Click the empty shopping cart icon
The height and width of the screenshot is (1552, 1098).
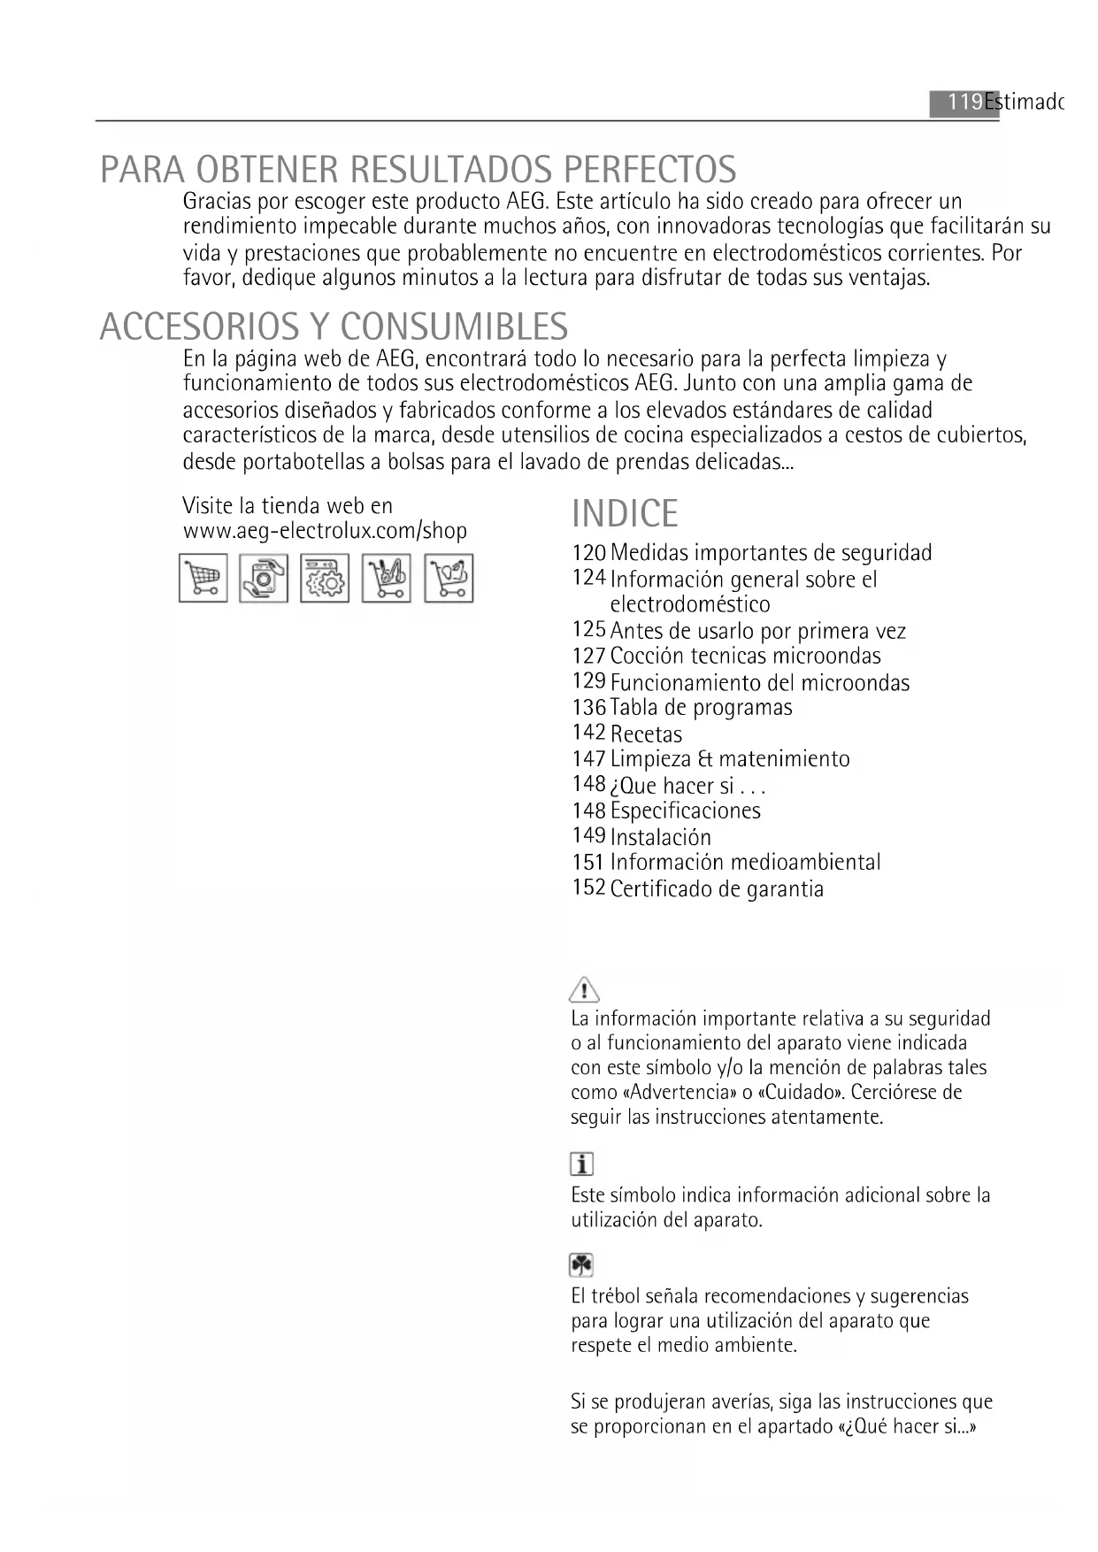203,578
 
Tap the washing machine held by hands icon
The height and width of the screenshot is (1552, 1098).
264,578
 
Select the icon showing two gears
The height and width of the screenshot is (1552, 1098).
325,578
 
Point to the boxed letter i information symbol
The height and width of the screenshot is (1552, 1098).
581,1164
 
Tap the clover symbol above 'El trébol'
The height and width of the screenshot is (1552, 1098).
581,1265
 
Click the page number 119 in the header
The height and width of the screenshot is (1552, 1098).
964,103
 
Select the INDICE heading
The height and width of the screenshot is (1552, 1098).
625,514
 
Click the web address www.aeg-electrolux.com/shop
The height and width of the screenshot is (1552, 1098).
325,531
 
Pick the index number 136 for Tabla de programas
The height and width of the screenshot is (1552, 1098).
588,708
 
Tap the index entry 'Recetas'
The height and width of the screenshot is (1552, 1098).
646,734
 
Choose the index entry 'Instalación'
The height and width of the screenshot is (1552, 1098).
660,837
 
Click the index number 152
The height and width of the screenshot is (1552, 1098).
588,887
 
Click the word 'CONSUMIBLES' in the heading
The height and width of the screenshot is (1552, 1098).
453,327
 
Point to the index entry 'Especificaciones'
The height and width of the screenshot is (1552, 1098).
685,811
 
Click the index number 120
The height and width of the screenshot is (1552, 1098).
588,553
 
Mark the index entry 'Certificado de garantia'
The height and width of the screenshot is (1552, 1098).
717,889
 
